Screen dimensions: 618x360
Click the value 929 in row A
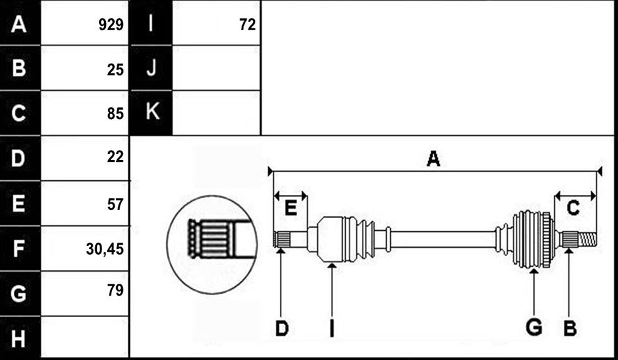click(x=111, y=25)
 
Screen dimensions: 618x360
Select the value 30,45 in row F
click(x=105, y=249)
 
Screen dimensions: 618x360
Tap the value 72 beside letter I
click(x=247, y=25)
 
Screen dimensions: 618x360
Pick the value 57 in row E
click(x=115, y=204)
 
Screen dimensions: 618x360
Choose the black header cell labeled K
click(x=151, y=113)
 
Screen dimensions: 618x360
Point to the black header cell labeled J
click(x=151, y=67)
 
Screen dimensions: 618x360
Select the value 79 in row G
click(x=115, y=290)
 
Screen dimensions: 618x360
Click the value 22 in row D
click(x=115, y=157)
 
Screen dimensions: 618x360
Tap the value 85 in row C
click(x=115, y=114)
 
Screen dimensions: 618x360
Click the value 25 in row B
click(x=115, y=70)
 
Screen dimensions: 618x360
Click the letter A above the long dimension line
click(x=433, y=159)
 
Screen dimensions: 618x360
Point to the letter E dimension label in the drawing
click(x=291, y=207)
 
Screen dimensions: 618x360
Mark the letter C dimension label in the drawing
click(x=573, y=207)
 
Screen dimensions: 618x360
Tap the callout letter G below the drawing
click(x=534, y=328)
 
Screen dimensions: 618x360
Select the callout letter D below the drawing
click(x=282, y=328)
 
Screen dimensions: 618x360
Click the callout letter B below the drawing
click(x=570, y=328)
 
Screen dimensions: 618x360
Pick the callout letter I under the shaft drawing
click(x=332, y=328)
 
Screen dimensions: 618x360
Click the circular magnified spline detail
click(x=212, y=245)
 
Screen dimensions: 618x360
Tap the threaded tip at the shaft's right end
click(x=587, y=238)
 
